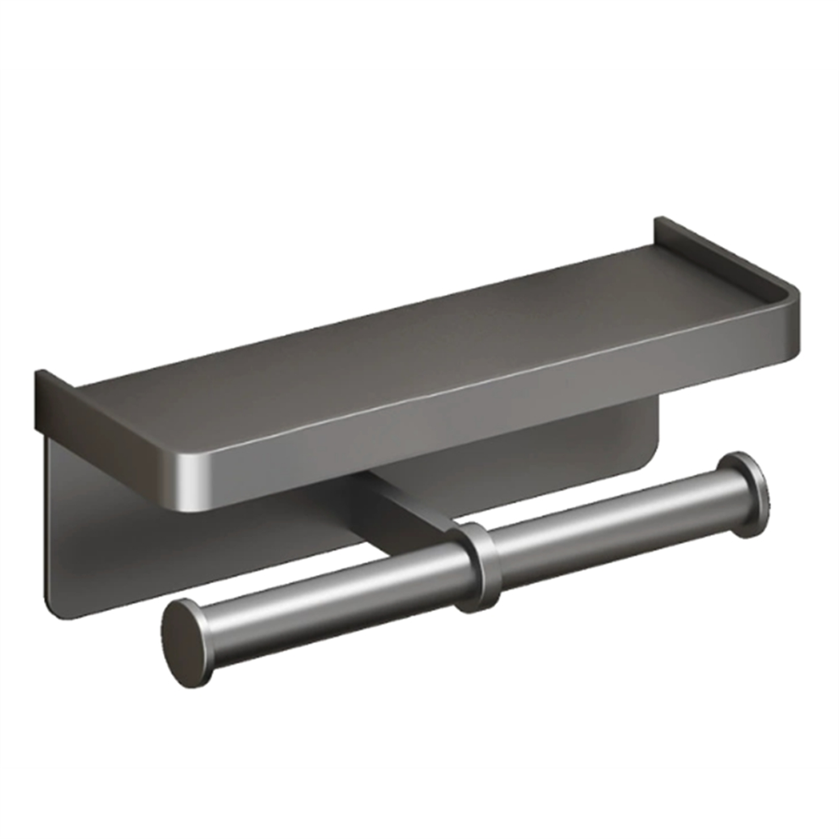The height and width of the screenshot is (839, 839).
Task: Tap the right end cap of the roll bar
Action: click(746, 494)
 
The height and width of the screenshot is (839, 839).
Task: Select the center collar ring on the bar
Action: click(475, 566)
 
